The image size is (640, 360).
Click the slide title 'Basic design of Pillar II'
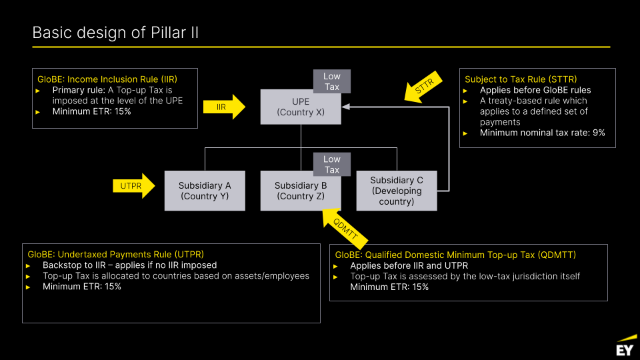[115, 33]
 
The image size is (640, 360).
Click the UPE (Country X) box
[300, 107]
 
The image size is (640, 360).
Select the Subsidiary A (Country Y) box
[205, 191]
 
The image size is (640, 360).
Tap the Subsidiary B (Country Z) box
[300, 191]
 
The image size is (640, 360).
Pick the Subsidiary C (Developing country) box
[396, 191]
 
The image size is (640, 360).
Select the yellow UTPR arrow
[134, 186]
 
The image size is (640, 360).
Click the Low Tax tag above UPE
[332, 81]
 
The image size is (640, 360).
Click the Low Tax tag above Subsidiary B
[332, 164]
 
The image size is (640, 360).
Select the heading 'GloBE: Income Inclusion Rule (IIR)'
[107, 79]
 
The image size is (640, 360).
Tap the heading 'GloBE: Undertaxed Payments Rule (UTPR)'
[115, 254]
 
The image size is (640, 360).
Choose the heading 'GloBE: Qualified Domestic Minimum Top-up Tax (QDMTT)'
[455, 255]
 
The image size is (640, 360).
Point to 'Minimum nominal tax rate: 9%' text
[542, 133]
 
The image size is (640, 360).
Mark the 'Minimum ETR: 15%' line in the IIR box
[91, 111]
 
